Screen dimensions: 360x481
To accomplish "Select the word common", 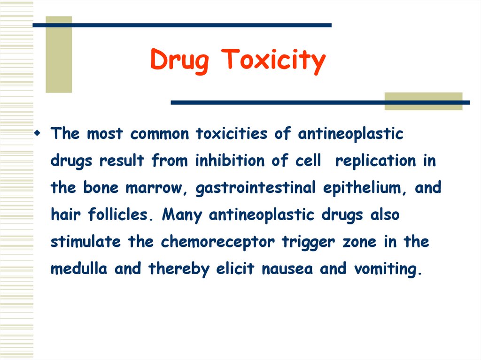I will (160, 134).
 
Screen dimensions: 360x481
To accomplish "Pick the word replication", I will (375, 161).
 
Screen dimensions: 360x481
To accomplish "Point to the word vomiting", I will (385, 269).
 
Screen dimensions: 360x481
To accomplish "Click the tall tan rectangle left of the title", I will (59, 54).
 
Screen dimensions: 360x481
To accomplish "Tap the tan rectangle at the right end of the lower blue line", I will (423, 101).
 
